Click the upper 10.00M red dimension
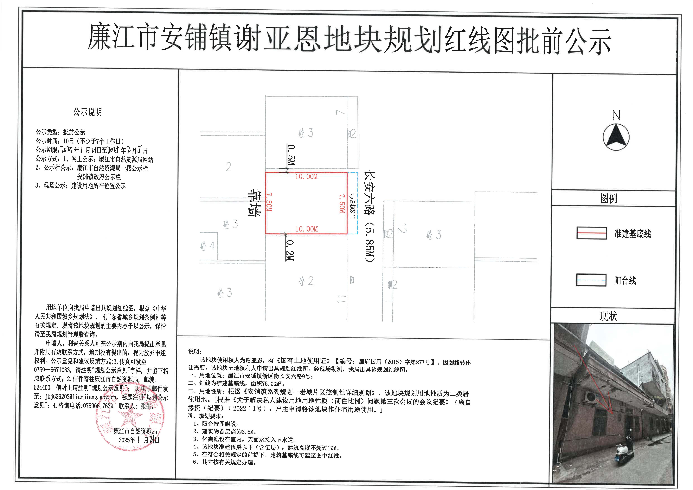[306, 177]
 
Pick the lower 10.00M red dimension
[306, 229]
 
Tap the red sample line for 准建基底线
[591, 233]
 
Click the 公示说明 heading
[87, 112]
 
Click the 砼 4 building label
[208, 246]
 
